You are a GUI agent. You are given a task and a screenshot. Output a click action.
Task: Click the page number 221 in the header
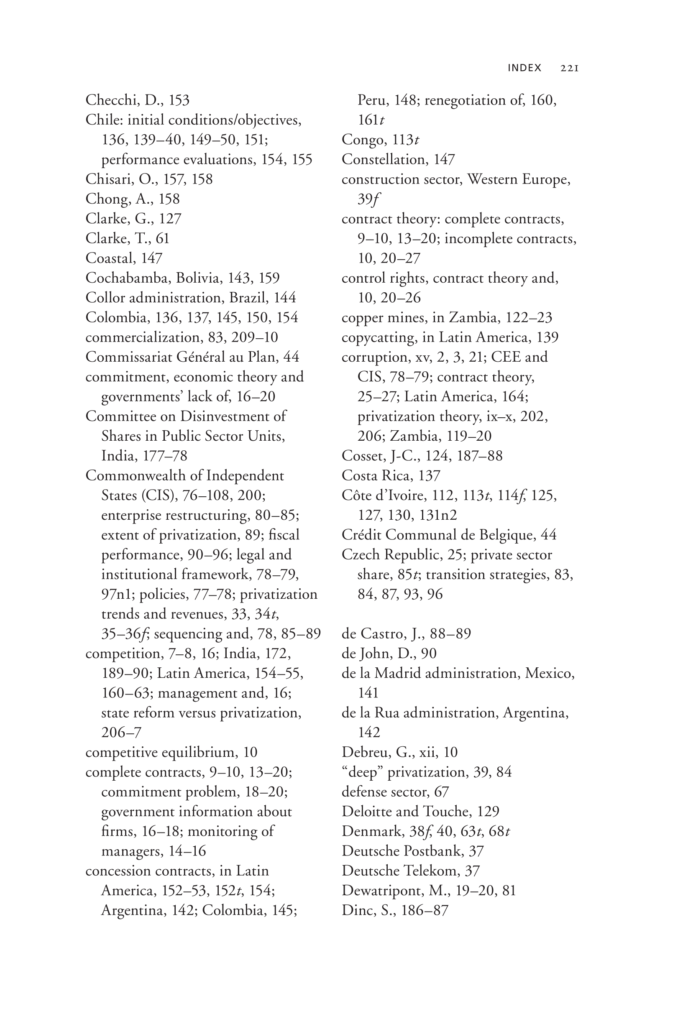click(569, 68)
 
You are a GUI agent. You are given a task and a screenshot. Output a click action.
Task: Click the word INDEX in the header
click(524, 68)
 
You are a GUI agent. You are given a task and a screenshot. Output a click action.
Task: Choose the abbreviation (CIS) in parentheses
click(157, 495)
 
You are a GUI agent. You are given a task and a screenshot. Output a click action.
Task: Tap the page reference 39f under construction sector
click(368, 199)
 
